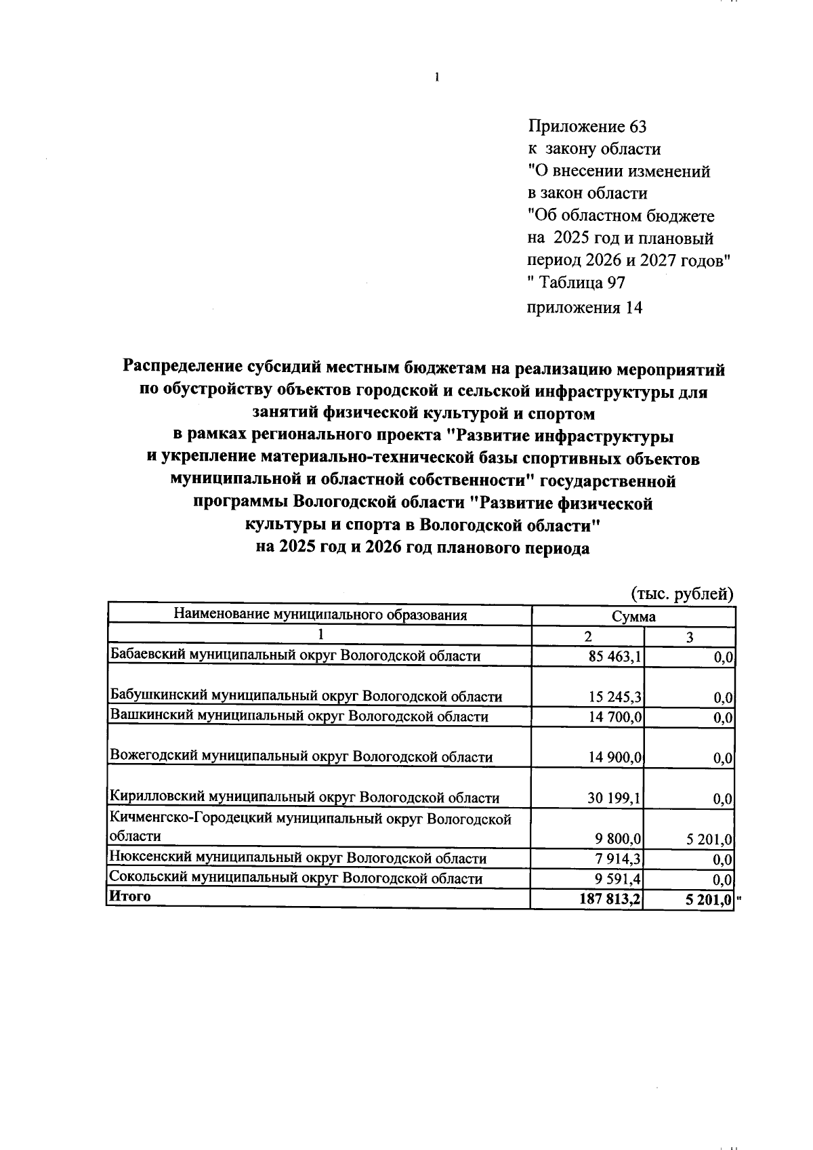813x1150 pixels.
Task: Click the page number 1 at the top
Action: coord(437,77)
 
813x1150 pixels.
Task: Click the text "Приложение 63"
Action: coord(587,127)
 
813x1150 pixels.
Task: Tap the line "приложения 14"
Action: coord(584,308)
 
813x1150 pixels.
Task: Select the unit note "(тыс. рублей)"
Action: coord(682,594)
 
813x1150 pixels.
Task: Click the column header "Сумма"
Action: coord(633,617)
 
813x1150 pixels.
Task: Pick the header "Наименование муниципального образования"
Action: coord(320,615)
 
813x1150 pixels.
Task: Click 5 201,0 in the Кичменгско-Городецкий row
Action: coord(709,840)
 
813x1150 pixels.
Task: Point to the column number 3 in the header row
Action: coord(690,637)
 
